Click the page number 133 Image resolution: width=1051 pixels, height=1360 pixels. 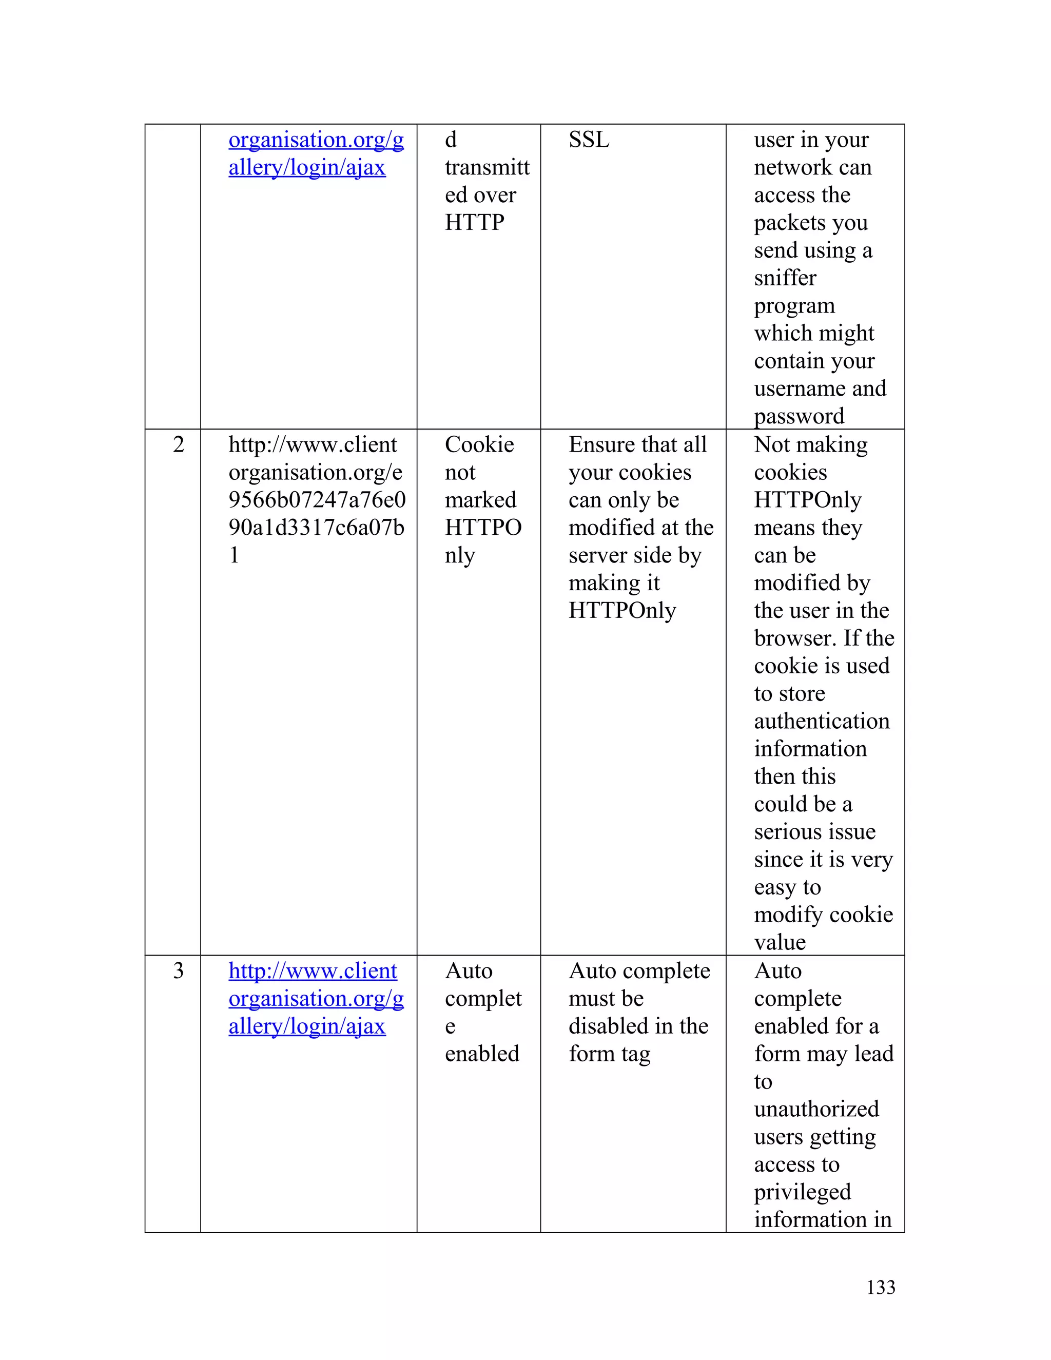881,1287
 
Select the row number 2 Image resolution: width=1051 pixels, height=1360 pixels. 178,444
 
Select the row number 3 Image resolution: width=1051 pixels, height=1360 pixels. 178,971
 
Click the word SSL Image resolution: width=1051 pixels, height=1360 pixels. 589,140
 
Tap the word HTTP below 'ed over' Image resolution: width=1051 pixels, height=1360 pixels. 475,222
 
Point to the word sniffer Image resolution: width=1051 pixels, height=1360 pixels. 785,278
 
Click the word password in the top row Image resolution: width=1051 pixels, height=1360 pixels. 799,416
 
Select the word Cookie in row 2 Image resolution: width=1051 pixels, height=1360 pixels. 479,444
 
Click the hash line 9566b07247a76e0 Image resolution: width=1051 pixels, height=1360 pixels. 317,500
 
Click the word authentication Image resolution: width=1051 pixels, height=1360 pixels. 821,721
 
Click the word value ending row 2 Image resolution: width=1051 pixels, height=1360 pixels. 780,943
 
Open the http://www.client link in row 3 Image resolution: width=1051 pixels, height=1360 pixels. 313,971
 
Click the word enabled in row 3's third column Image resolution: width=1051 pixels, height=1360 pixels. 482,1054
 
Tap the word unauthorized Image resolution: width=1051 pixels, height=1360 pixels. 816,1109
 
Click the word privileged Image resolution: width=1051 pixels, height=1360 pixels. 802,1192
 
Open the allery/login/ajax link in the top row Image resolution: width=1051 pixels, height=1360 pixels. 307,167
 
